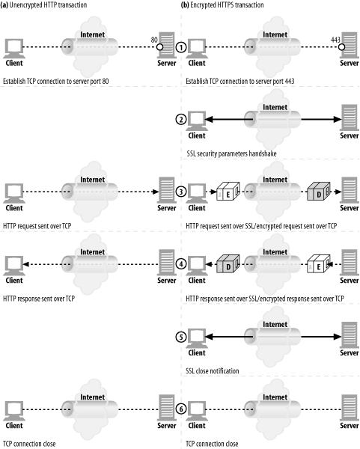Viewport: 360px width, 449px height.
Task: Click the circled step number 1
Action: tap(180, 47)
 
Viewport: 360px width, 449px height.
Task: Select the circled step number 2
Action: tap(180, 120)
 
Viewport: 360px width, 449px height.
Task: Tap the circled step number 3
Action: tap(180, 192)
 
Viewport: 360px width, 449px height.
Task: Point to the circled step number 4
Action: tap(180, 264)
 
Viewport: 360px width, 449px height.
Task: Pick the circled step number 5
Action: tap(180, 337)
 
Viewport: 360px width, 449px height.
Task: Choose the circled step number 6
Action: tap(180, 409)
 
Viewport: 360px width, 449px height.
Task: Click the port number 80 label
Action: tap(154, 40)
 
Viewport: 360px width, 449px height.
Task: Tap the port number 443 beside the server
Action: tap(335, 40)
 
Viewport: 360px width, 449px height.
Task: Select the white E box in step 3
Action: tap(228, 192)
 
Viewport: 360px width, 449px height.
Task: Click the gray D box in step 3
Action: tap(319, 192)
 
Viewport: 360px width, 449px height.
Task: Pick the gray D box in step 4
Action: tap(228, 263)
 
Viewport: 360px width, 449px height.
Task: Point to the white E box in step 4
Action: tap(319, 263)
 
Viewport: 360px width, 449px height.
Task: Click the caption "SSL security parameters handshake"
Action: tap(231, 153)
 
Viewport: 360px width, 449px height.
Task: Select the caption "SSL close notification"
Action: tap(213, 371)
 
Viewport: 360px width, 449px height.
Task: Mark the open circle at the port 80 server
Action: tap(160, 46)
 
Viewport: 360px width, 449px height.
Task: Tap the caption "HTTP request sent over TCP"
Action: tap(37, 226)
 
